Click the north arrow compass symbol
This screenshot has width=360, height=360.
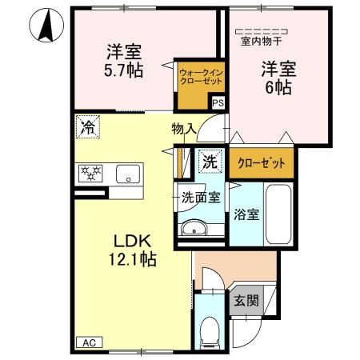[x=45, y=26]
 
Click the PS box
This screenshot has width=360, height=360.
[x=218, y=102]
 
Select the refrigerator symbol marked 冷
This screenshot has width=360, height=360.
[x=87, y=126]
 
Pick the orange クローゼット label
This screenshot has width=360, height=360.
[x=261, y=163]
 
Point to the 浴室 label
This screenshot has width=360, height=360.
[x=246, y=215]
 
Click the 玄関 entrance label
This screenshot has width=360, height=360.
[x=246, y=301]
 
